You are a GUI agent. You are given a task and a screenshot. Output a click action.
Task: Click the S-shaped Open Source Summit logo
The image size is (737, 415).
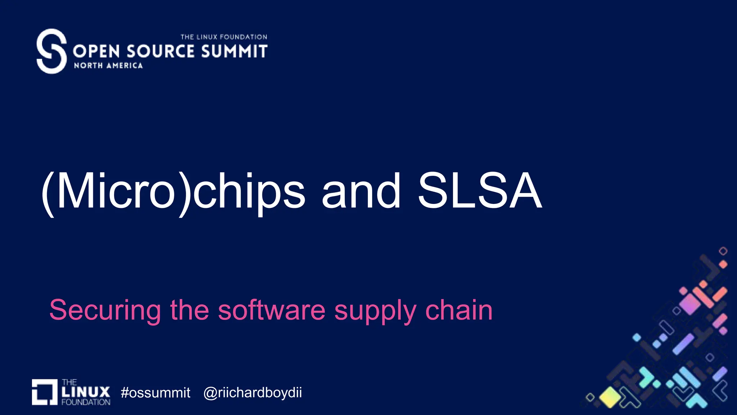pos(51,51)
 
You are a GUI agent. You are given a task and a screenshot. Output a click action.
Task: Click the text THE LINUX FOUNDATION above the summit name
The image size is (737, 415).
pos(223,37)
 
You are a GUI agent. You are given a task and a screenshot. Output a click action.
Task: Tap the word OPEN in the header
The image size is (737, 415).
pos(96,51)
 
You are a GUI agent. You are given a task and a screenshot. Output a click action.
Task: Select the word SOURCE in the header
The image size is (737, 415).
pos(160,51)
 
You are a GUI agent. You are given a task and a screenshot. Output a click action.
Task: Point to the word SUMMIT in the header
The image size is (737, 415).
pos(234,51)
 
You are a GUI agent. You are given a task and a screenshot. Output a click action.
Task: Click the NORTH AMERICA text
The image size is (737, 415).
pos(108,66)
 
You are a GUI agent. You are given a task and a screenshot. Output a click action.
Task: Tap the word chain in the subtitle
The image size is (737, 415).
pos(459,310)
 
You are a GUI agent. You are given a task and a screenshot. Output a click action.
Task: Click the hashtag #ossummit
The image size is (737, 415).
pos(155,393)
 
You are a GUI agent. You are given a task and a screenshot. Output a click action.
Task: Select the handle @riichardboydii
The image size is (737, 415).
pos(253,393)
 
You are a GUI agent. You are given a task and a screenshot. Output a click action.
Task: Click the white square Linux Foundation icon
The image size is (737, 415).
pos(45,392)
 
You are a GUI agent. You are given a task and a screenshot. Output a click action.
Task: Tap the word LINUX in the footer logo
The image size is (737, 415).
pos(86,392)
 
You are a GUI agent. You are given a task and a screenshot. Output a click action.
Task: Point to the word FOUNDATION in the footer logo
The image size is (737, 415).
pos(86,402)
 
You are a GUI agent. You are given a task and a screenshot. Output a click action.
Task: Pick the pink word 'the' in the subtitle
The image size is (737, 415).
pos(189,310)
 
